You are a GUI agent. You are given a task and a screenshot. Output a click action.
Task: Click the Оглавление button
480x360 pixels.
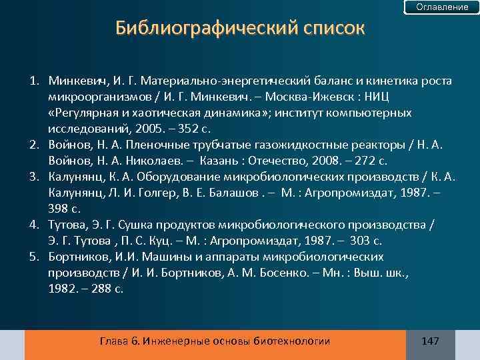point(442,7)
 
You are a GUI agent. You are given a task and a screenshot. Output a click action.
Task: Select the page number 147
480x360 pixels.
point(430,341)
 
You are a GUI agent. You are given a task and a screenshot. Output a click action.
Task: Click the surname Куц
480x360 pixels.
point(162,241)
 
